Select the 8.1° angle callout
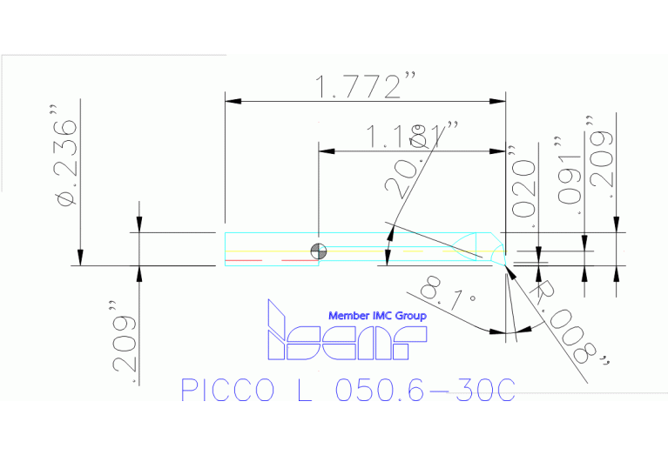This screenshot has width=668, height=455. [447, 296]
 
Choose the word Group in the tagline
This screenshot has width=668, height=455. [411, 315]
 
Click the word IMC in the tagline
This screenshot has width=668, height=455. [383, 315]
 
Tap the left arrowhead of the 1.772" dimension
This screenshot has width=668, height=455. [231, 102]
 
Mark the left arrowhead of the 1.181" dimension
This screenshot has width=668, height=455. [324, 151]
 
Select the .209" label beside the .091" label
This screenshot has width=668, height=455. [600, 157]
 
